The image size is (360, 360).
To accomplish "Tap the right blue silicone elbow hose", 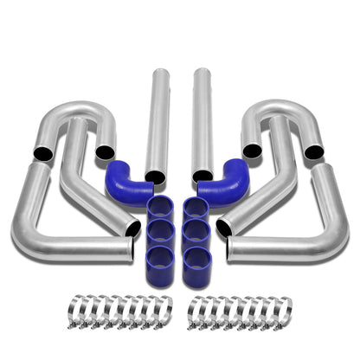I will (x=227, y=177).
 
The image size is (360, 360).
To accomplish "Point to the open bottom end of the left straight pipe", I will (x=156, y=177).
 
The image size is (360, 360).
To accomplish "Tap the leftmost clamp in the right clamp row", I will (x=197, y=309).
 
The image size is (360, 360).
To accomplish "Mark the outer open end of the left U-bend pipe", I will (x=40, y=152).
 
